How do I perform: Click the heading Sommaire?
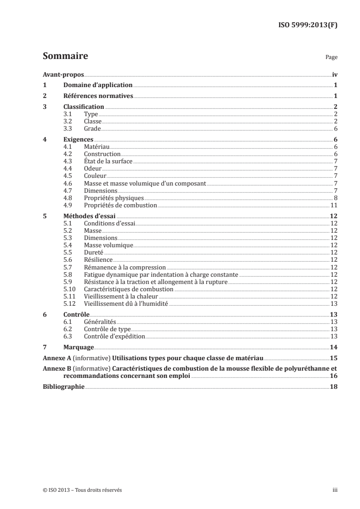tap(65, 56)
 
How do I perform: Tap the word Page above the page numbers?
tap(331, 58)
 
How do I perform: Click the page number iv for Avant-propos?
tap(334, 74)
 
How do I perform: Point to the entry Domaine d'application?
tap(98, 85)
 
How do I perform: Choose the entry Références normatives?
tap(98, 96)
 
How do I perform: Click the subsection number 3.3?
tap(68, 129)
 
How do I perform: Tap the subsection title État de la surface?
tap(108, 162)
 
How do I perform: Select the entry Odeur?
tap(93, 169)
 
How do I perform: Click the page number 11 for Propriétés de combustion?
tap(333, 205)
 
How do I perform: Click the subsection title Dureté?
tap(94, 252)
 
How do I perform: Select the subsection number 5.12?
tap(69, 303)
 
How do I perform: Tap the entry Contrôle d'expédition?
tap(114, 336)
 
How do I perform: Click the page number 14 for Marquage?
tap(333, 347)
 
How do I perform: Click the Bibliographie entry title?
tap(64, 387)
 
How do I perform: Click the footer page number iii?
tap(335, 490)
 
